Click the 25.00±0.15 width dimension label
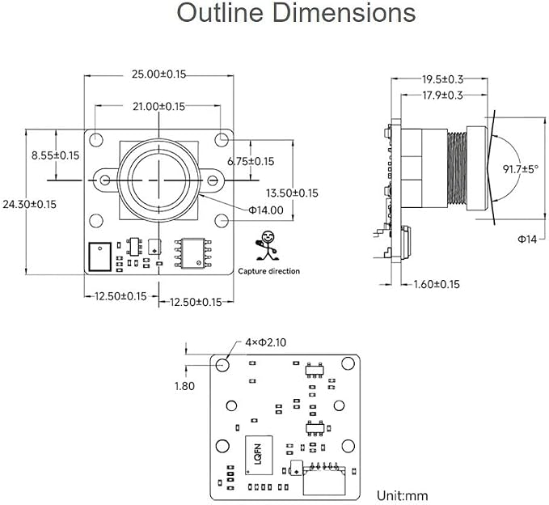pyautogui.click(x=158, y=74)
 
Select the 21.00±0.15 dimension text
pyautogui.click(x=158, y=107)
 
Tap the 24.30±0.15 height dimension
pyautogui.click(x=29, y=204)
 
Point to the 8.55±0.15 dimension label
pyautogui.click(x=55, y=155)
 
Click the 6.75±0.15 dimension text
pyautogui.click(x=251, y=161)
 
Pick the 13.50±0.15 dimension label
pyautogui.click(x=292, y=193)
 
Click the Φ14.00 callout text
pyautogui.click(x=266, y=210)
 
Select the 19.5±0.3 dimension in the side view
pyautogui.click(x=442, y=79)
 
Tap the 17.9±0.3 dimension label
pyautogui.click(x=442, y=95)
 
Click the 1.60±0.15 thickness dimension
pyautogui.click(x=437, y=284)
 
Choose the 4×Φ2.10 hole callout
pyautogui.click(x=265, y=342)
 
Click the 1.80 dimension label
pyautogui.click(x=184, y=386)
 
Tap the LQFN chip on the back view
pyautogui.click(x=259, y=455)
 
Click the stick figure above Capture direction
pyautogui.click(x=268, y=245)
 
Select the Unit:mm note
pyautogui.click(x=403, y=495)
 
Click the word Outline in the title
pyautogui.click(x=220, y=12)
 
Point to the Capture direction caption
pyautogui.click(x=269, y=271)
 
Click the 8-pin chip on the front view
pyautogui.click(x=193, y=253)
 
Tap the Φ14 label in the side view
pyautogui.click(x=527, y=239)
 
